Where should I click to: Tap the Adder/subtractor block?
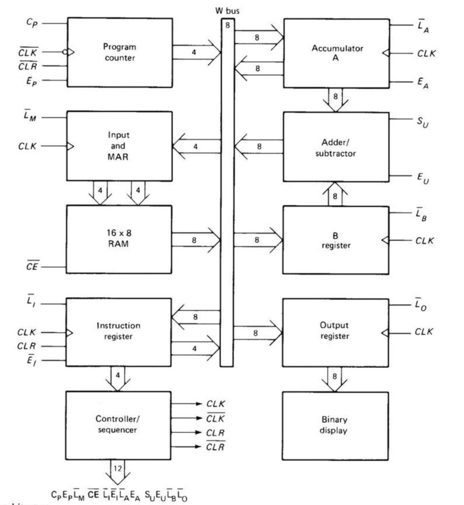[336, 146]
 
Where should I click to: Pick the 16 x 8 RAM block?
[119, 236]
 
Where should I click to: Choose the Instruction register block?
[119, 331]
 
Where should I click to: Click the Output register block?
[336, 331]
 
